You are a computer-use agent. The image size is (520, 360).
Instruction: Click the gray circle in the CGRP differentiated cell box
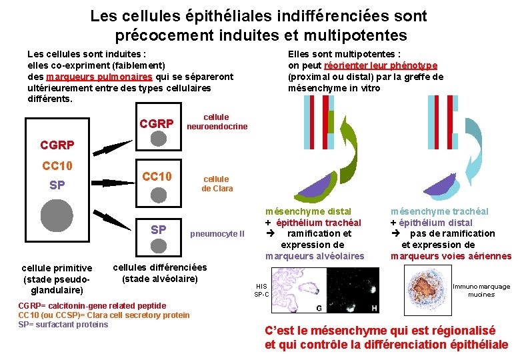(x=159, y=138)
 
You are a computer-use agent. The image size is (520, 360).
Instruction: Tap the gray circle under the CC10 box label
(x=159, y=194)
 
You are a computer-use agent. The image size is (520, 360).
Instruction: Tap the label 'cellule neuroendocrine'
(x=217, y=122)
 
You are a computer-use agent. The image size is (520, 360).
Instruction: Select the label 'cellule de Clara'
(x=217, y=183)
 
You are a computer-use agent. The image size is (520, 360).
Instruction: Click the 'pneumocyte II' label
(x=217, y=234)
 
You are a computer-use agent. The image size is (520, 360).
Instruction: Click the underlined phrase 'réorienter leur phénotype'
(x=381, y=65)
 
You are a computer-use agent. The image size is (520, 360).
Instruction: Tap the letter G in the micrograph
(x=319, y=308)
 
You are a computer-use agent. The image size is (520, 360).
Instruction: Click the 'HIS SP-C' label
(x=261, y=290)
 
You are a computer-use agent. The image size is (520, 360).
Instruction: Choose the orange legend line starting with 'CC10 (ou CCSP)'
(x=104, y=315)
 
